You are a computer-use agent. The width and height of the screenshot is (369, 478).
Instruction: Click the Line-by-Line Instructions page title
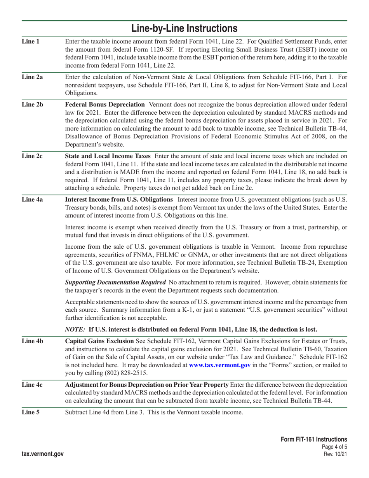coord(184,28)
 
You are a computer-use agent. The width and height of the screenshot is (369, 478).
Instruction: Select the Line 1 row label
coord(31,41)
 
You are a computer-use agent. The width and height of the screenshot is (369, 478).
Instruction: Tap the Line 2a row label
coord(32,77)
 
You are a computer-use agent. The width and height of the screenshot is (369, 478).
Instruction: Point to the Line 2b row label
coord(33,105)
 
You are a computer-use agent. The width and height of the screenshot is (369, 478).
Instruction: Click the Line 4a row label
coord(32,199)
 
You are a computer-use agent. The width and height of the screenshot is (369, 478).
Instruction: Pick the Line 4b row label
coord(33,341)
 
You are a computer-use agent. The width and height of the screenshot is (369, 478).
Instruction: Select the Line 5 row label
coord(31,412)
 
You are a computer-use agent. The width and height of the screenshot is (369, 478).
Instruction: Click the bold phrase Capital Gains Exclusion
coord(99,341)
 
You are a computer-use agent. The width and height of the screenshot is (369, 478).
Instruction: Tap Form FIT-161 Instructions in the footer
coord(314,439)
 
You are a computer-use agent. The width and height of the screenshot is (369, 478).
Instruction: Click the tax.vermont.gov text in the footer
coord(43,454)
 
